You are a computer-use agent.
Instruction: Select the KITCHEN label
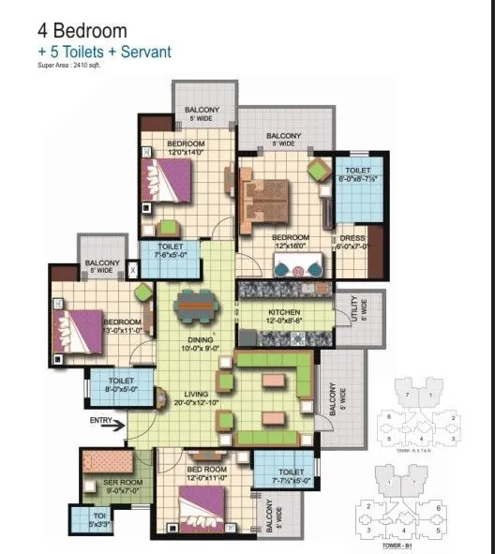284,315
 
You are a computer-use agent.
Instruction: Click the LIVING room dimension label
196,398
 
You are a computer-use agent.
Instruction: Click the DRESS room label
352,242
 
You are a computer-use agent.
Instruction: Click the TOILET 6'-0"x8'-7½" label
357,175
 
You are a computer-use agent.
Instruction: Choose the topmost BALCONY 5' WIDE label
202,113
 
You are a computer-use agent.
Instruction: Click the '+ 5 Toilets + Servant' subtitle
104,52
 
